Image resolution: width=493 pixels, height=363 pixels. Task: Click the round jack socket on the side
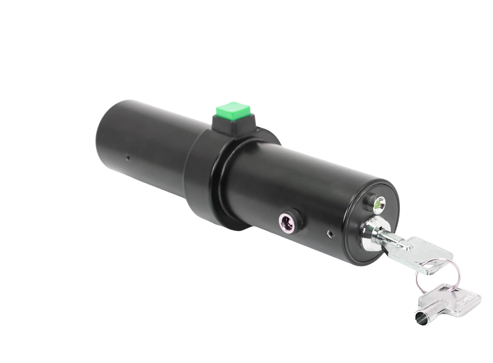(287, 223)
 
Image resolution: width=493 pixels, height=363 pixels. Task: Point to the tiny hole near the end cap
(330, 234)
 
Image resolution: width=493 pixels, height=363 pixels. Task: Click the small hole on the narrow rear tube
(127, 157)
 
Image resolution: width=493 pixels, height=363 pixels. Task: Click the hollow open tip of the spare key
(421, 318)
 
